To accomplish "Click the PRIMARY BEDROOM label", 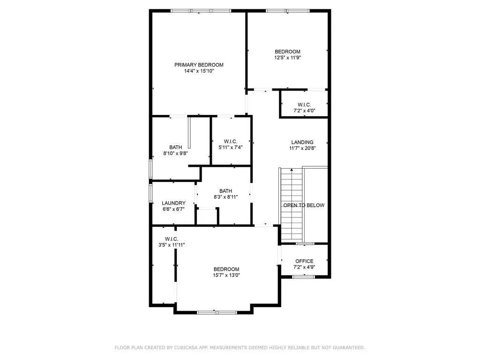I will click(x=199, y=65).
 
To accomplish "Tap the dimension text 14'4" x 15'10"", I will click(x=199, y=71).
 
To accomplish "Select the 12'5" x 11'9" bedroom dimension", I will click(x=287, y=58).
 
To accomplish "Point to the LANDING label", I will click(x=302, y=142).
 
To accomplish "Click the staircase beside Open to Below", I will click(x=291, y=204).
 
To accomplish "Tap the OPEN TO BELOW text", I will click(x=304, y=205).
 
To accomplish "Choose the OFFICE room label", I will click(x=304, y=261).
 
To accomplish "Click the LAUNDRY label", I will click(x=173, y=203).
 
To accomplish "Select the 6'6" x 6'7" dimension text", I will click(x=173, y=209).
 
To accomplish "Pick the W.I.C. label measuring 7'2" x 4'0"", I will click(x=304, y=105).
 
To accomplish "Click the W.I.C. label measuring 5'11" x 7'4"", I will click(x=230, y=141).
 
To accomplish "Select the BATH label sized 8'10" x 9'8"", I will click(x=175, y=147).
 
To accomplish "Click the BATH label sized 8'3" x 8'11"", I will click(x=225, y=191).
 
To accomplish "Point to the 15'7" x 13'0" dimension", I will click(x=227, y=276).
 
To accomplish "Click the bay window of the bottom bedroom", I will click(x=217, y=312).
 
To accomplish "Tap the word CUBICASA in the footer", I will click(x=179, y=348).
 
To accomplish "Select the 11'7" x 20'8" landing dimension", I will click(x=302, y=149).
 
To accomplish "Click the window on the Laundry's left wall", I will click(x=150, y=193).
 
